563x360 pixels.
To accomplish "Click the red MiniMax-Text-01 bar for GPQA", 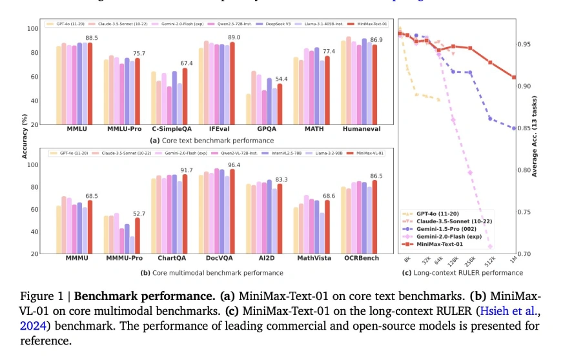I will coord(280,104).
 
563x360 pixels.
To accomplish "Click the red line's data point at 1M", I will coord(514,77).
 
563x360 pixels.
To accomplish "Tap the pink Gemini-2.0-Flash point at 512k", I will coord(490,246).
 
